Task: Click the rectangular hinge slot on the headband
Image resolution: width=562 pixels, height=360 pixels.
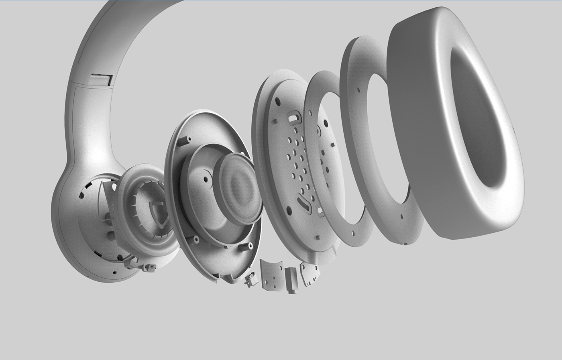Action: tap(100, 79)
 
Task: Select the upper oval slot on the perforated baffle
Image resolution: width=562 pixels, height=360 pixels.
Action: tap(294, 118)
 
